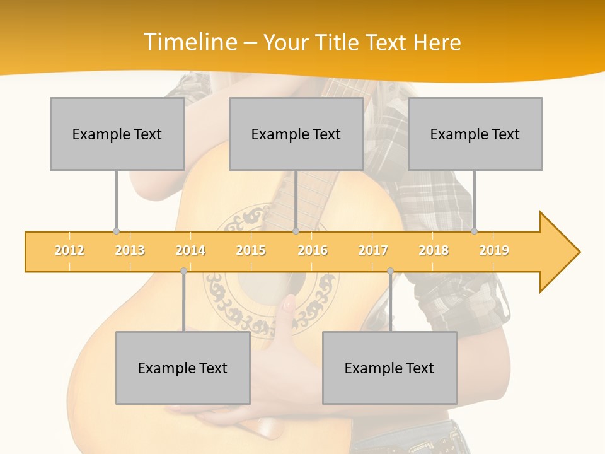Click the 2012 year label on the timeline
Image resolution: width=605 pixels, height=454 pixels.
pyautogui.click(x=69, y=250)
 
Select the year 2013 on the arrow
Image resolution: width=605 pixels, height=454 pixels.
pyautogui.click(x=130, y=250)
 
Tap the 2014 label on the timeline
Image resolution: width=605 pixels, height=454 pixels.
pyautogui.click(x=190, y=250)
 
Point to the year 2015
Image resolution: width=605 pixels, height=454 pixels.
pyautogui.click(x=251, y=250)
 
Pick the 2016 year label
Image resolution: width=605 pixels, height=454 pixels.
pyautogui.click(x=313, y=250)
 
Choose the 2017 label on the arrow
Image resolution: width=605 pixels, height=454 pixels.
pyautogui.click(x=373, y=250)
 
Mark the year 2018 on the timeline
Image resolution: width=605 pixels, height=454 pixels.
pyautogui.click(x=434, y=250)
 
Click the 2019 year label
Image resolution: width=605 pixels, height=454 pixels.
pyautogui.click(x=494, y=250)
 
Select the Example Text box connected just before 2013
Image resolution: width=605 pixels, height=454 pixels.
pyautogui.click(x=117, y=134)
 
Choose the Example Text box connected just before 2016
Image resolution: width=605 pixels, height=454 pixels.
pyautogui.click(x=296, y=134)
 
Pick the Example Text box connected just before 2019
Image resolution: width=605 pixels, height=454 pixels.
pyautogui.click(x=475, y=134)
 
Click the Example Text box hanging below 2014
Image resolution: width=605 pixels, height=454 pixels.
pyautogui.click(x=183, y=368)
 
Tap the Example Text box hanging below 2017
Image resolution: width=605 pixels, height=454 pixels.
pyautogui.click(x=389, y=368)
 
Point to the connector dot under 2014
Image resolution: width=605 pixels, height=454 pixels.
pyautogui.click(x=183, y=271)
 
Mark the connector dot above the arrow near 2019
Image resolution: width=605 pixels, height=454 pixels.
pyautogui.click(x=475, y=231)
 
